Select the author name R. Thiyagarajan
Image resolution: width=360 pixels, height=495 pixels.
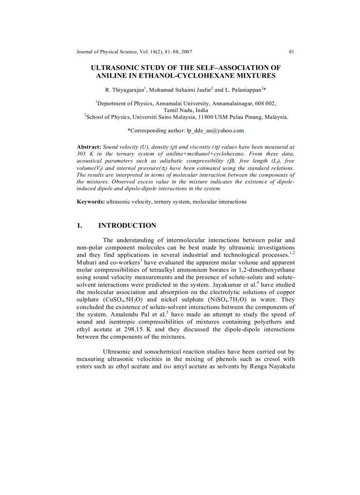(x=124, y=90)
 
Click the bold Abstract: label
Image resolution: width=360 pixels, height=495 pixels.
(x=89, y=146)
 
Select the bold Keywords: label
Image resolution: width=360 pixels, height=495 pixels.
(x=91, y=201)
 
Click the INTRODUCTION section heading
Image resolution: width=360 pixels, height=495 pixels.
(x=127, y=226)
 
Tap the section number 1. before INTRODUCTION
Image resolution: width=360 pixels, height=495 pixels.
(x=80, y=226)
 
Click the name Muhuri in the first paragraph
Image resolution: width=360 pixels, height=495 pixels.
(x=87, y=262)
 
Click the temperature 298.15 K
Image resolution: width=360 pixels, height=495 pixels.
(x=137, y=329)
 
